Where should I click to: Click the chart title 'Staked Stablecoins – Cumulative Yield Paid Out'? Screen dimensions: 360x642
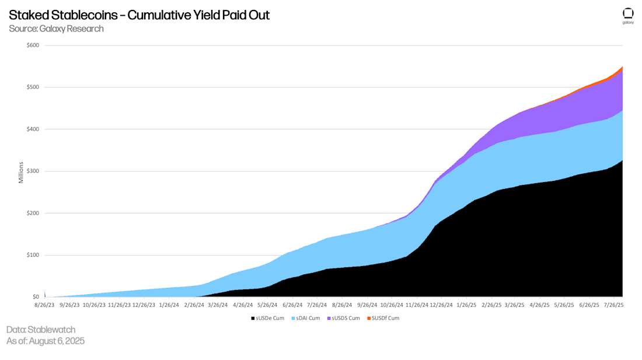coord(139,15)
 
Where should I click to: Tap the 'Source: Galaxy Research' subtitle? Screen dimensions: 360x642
coord(56,29)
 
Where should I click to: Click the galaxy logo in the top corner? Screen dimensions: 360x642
coord(628,15)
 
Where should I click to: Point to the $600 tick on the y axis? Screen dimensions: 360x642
coord(33,46)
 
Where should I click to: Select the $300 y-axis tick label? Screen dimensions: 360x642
coord(33,171)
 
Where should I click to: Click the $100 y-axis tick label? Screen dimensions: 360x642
coord(33,255)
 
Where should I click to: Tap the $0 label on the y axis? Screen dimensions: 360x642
coord(36,297)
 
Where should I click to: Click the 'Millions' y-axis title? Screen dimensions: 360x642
coord(21,172)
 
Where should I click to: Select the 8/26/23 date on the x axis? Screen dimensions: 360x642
coord(45,305)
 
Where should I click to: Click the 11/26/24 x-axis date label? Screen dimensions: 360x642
coord(416,305)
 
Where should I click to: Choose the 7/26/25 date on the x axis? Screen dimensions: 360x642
coord(613,305)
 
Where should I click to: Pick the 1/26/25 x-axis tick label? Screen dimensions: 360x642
coord(466,305)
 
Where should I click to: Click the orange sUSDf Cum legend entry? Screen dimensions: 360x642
coord(382,318)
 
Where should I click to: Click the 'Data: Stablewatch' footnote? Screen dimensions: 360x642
coord(41,330)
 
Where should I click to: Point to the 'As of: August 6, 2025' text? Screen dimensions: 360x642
coord(46,341)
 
